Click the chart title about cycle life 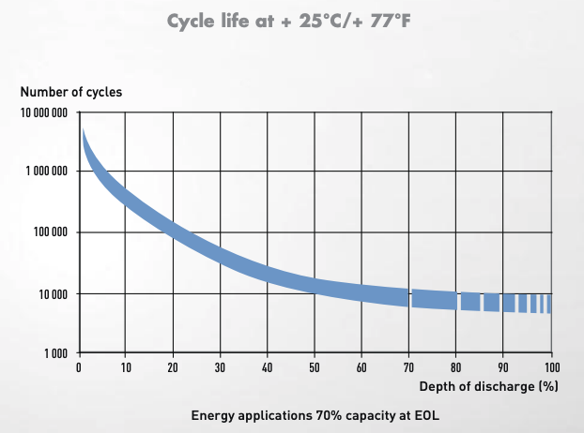(x=292, y=21)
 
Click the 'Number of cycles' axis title (x=71, y=92)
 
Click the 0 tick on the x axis (x=79, y=367)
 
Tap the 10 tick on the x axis (x=126, y=367)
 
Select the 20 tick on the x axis (x=173, y=367)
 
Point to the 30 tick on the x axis (x=221, y=367)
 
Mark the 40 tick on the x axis (x=268, y=367)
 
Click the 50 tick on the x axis (x=315, y=367)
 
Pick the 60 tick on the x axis (x=361, y=367)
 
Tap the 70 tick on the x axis (x=409, y=367)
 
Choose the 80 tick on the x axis (x=456, y=367)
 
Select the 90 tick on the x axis (x=503, y=367)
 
